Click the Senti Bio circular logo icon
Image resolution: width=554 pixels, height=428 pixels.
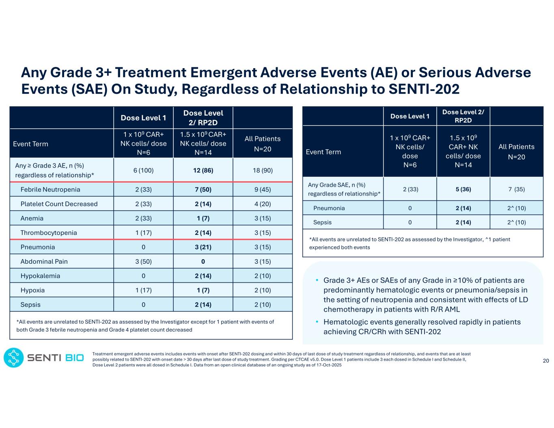click(x=13, y=357)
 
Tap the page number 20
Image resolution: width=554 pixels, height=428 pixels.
click(x=546, y=361)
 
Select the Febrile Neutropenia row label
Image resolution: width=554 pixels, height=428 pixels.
click(x=50, y=189)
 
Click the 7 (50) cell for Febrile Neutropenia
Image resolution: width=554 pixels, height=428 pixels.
click(x=203, y=189)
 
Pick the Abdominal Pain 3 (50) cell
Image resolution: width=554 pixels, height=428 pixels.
click(x=143, y=261)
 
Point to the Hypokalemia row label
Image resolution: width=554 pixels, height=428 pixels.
click(x=40, y=276)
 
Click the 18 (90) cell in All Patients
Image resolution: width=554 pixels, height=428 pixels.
click(x=262, y=170)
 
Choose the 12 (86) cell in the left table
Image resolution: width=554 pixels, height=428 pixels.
click(x=203, y=170)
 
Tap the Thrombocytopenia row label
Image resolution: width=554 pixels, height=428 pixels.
click(x=49, y=232)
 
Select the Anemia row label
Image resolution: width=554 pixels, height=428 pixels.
click(x=32, y=218)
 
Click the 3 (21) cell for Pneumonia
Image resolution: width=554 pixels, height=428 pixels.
click(x=203, y=247)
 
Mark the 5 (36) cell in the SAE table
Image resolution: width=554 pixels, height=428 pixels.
click(x=463, y=189)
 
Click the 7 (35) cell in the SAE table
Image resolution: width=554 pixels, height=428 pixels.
click(x=516, y=189)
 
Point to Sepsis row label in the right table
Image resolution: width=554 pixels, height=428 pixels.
click(x=322, y=222)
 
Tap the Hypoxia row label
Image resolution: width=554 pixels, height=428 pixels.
click(x=32, y=290)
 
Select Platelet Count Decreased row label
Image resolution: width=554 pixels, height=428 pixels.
click(x=59, y=204)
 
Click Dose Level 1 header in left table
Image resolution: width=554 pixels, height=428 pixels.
click(x=143, y=118)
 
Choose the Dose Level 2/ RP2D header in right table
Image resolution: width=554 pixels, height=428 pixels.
click(x=463, y=116)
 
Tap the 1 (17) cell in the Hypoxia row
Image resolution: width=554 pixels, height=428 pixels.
click(x=143, y=290)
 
